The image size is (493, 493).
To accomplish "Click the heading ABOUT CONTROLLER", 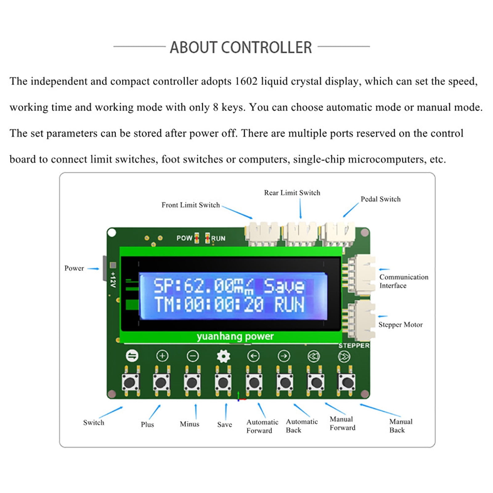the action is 241,47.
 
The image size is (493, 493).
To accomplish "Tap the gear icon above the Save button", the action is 223,356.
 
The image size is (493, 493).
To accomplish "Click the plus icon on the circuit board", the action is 162,356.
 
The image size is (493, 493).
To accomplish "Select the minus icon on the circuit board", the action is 193,356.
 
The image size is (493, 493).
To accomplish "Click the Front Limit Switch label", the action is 191,205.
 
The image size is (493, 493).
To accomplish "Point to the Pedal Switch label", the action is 381,199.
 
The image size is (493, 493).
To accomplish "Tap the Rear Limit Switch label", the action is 292,193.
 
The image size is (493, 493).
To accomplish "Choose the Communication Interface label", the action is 404,281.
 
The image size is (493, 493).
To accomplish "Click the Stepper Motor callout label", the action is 400,325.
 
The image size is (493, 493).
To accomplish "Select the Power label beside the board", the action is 74,268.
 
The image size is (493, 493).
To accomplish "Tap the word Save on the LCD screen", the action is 284,286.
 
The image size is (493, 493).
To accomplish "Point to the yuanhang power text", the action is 235,336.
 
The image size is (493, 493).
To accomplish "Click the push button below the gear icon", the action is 223,382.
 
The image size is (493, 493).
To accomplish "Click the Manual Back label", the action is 401,426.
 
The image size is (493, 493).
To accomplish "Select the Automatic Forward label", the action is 262,426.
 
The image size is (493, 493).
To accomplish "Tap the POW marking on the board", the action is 184,238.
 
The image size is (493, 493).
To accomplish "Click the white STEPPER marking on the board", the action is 354,345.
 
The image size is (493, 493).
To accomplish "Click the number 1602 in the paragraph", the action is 246,81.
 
